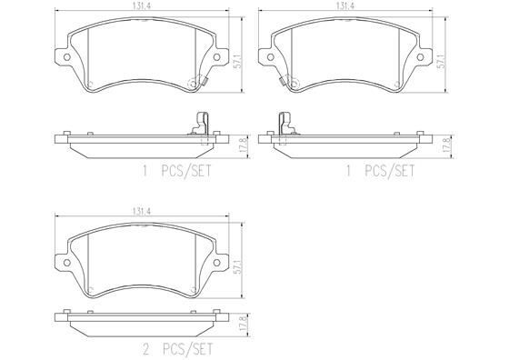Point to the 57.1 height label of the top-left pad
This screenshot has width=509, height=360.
[x=238, y=61]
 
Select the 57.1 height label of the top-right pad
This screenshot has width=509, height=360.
[x=442, y=61]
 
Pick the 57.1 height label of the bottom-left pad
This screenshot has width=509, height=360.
[x=238, y=266]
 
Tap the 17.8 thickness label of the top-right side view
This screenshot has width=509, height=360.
[x=449, y=145]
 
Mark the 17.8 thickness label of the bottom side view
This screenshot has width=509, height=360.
[x=245, y=324]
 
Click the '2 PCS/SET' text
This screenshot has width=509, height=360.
[x=177, y=349]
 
